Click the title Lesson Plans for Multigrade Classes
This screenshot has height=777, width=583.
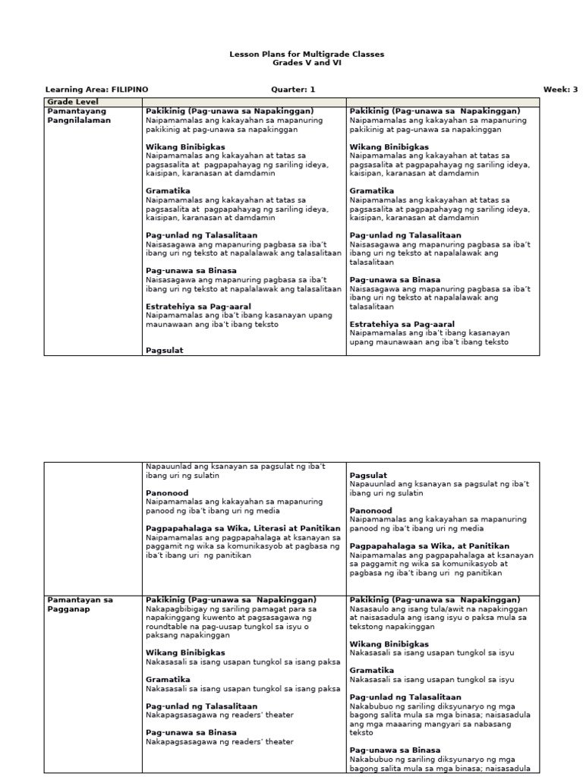tap(307, 55)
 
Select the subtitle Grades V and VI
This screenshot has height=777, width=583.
tap(307, 63)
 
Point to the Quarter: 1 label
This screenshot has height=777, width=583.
tap(293, 90)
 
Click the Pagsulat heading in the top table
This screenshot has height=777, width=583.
tap(164, 351)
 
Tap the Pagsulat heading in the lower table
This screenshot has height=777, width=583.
tap(368, 476)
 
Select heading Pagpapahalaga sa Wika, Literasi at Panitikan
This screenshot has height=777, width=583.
tap(243, 528)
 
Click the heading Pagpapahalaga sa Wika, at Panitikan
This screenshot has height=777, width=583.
tap(429, 546)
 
